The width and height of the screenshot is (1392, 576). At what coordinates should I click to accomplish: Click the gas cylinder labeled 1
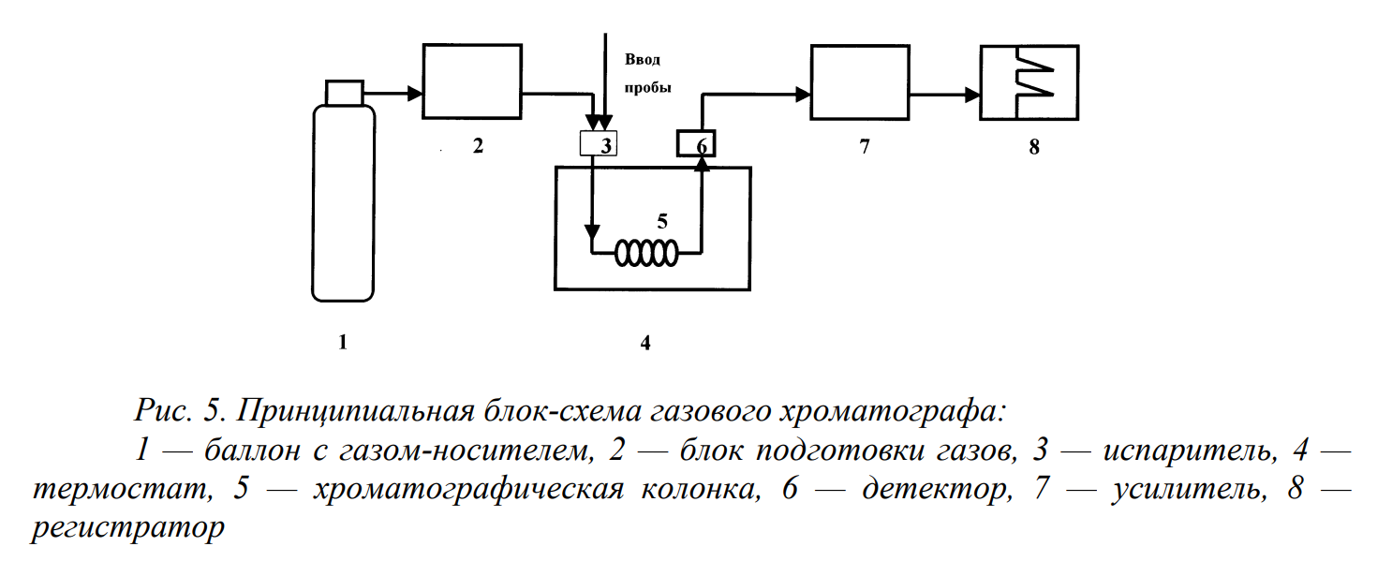[x=343, y=204]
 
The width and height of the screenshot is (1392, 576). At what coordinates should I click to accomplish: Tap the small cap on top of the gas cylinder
[x=344, y=92]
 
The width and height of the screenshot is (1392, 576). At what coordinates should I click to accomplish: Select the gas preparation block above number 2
[x=472, y=81]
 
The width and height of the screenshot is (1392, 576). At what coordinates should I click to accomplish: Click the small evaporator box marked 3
[x=600, y=144]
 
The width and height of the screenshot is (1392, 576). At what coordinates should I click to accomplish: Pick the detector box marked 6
[x=695, y=143]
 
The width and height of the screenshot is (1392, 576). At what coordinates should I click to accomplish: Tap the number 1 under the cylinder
[x=343, y=343]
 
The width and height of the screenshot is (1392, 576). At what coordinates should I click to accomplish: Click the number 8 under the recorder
[x=1034, y=147]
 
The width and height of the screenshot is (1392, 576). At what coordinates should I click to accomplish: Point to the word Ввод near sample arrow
[x=643, y=59]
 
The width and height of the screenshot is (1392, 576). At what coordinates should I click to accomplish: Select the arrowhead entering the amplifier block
[x=803, y=94]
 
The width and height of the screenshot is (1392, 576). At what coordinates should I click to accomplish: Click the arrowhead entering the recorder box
[x=972, y=94]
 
